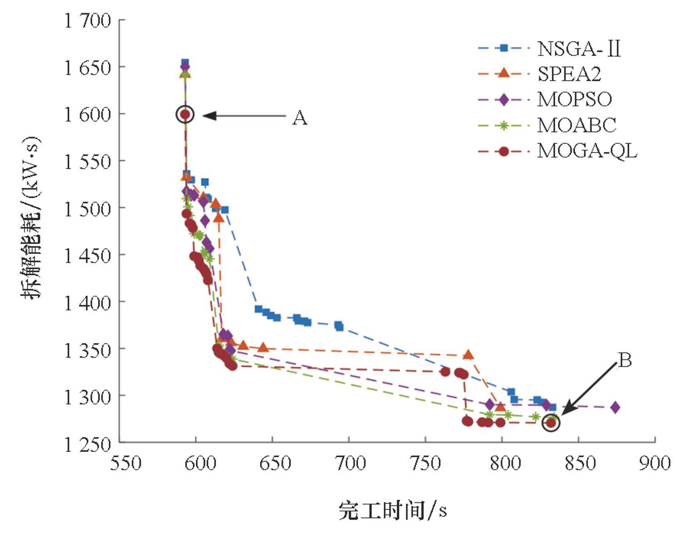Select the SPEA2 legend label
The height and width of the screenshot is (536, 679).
click(x=569, y=74)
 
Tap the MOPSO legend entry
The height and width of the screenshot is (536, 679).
click(x=574, y=99)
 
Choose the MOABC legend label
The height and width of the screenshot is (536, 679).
click(x=576, y=125)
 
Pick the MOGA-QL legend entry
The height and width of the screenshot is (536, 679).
click(x=587, y=151)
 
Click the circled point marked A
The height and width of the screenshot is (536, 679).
click(x=185, y=114)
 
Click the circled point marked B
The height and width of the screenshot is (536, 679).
click(x=551, y=423)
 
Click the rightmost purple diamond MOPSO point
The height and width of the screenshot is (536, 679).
click(x=615, y=407)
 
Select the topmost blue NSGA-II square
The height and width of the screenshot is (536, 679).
click(x=185, y=62)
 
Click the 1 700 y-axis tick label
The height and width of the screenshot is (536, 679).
click(x=87, y=21)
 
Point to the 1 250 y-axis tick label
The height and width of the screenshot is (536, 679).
click(x=87, y=444)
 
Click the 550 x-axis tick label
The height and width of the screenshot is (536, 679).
click(x=126, y=463)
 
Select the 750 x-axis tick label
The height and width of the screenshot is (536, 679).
click(x=426, y=463)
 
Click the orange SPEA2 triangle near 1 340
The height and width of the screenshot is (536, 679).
click(x=468, y=354)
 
